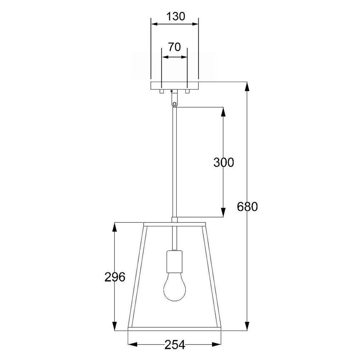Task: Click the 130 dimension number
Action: tap(175, 17)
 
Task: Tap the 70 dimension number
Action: tap(175, 47)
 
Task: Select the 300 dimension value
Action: tap(224, 162)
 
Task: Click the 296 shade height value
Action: tap(115, 277)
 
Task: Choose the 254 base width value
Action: tap(175, 345)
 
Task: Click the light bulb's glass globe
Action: tap(175, 287)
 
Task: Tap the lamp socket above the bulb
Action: tap(175, 261)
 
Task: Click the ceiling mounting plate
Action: tap(175, 86)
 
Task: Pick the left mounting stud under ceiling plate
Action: tap(162, 91)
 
